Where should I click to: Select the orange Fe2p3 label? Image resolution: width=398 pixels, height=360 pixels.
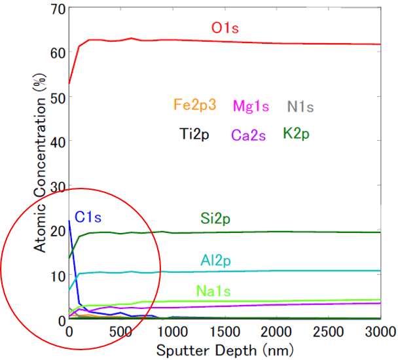pyautogui.click(x=196, y=105)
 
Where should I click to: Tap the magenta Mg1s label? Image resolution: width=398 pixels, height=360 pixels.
pyautogui.click(x=253, y=105)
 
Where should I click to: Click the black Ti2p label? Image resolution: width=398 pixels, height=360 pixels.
pyautogui.click(x=196, y=134)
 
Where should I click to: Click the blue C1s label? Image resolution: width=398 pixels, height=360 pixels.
pyautogui.click(x=88, y=216)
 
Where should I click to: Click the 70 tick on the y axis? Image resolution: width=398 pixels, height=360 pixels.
pyautogui.click(x=57, y=9)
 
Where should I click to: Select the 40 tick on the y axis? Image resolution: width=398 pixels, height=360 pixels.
pyautogui.click(x=57, y=141)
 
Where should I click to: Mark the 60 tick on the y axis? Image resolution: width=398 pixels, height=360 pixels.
pyautogui.click(x=57, y=52)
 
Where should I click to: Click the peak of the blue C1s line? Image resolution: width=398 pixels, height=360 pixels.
pyautogui.click(x=69, y=221)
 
